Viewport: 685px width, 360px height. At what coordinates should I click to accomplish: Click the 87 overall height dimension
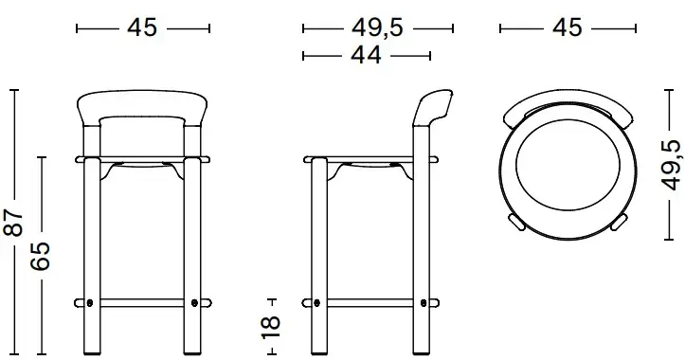pos(13,223)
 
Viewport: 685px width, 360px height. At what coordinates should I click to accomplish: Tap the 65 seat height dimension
pos(40,256)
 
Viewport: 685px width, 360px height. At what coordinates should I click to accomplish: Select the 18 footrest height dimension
pos(270,327)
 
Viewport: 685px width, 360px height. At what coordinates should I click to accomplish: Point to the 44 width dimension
pos(366,56)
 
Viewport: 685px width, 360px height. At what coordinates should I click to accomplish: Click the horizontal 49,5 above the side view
pos(377,28)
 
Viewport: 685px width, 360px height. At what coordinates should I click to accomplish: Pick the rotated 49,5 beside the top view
pos(672,165)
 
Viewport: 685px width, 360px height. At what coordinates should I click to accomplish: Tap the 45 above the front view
pos(142,28)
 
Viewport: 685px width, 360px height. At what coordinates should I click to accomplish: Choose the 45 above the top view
pos(568,28)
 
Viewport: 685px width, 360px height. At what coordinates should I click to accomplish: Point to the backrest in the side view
pos(432,107)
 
